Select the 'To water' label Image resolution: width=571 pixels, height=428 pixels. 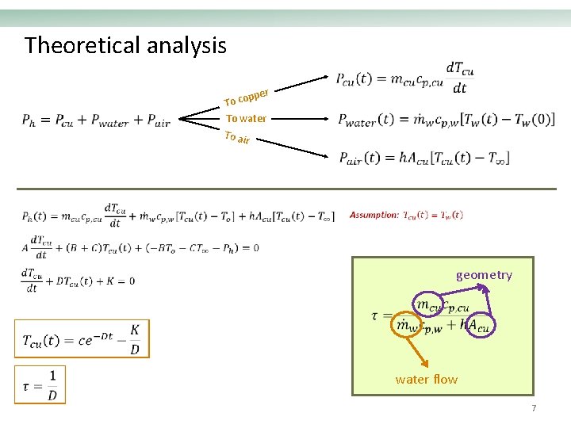coord(246,119)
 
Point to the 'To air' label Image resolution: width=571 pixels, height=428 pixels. coord(237,139)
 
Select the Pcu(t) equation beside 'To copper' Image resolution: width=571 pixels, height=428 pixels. coord(405,78)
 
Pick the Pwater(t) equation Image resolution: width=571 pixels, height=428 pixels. coord(446,120)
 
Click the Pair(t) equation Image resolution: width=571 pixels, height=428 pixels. coord(423,158)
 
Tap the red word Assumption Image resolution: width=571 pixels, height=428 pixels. coord(374,215)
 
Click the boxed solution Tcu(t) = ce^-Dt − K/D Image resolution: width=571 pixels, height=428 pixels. coord(82,338)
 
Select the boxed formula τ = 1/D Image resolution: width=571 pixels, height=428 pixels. coord(40,384)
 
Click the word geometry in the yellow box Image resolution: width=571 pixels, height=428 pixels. coord(484,275)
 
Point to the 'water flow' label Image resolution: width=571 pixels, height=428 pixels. coord(427,379)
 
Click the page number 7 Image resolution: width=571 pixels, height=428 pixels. coord(534,408)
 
